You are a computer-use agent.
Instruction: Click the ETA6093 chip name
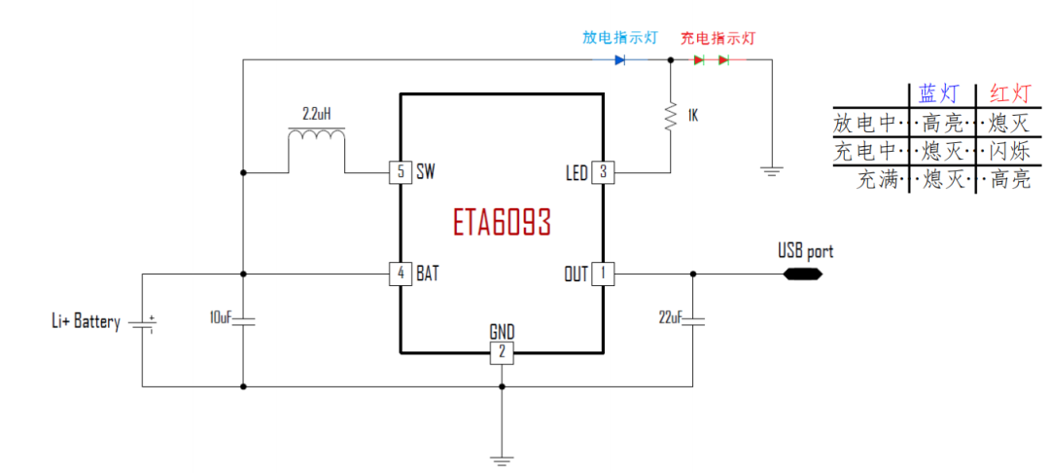coord(502,223)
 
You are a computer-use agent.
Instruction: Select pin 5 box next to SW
coord(401,172)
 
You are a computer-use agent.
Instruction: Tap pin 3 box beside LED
coord(603,172)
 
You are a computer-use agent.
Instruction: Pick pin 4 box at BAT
coord(401,274)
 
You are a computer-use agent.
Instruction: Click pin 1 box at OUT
coord(603,274)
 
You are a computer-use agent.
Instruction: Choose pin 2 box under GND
coord(502,352)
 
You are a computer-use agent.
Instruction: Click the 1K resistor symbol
coord(671,116)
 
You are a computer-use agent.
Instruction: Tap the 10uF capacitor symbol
coord(243,318)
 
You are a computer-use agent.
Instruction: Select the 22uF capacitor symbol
coord(692,318)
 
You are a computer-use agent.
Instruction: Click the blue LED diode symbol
coord(619,60)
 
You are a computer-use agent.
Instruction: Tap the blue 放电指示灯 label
coord(619,38)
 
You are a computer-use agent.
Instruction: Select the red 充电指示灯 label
coord(717,38)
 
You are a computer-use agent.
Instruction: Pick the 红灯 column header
coord(1010,93)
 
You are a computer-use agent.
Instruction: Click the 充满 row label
coord(878,180)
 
